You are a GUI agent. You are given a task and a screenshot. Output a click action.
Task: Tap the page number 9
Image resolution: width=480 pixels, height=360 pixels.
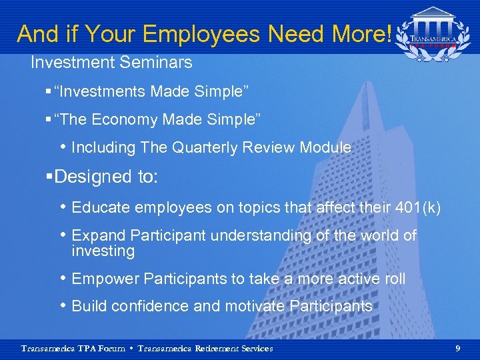point(457,348)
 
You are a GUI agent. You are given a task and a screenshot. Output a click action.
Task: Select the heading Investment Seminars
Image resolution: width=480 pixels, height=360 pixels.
point(111,63)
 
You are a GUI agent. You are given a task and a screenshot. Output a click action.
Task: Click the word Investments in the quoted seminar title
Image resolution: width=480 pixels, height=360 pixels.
point(101,91)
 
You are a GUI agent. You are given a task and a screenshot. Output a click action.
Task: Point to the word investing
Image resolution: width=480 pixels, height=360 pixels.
point(103,251)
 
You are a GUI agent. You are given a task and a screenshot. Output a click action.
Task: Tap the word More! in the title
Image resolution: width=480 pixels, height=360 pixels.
point(363,33)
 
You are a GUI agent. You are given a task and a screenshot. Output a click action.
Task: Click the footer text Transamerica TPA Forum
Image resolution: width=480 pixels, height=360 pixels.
point(73,349)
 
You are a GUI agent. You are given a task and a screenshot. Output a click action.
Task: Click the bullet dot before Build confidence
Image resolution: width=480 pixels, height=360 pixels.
point(63,307)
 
